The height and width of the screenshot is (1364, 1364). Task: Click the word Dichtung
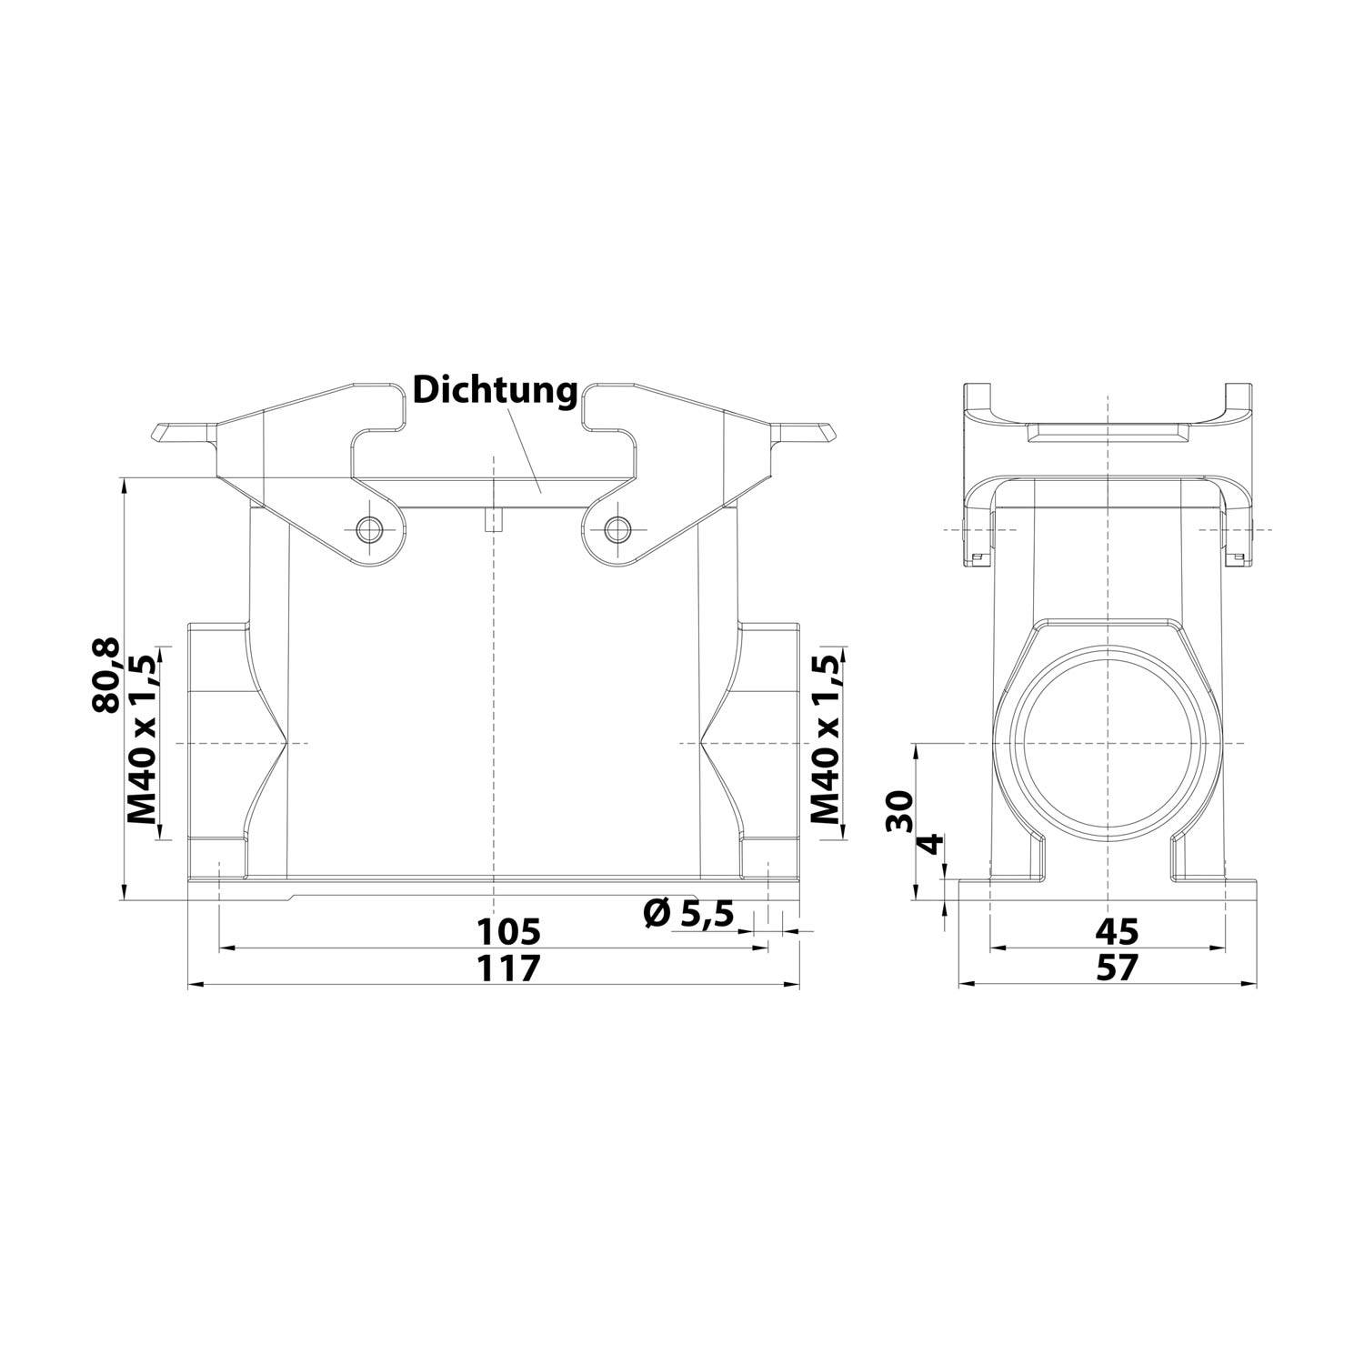[x=495, y=391]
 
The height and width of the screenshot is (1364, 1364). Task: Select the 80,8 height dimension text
[x=107, y=674]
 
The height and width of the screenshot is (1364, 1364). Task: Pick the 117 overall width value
[x=510, y=968]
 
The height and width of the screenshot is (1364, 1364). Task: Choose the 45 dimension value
[x=1117, y=931]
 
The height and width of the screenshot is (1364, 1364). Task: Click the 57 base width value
[x=1117, y=968]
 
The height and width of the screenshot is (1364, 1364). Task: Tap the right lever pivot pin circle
[x=618, y=528]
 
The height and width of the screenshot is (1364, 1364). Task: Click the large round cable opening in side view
[x=1109, y=743]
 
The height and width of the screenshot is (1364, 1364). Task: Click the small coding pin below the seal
[x=492, y=520]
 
